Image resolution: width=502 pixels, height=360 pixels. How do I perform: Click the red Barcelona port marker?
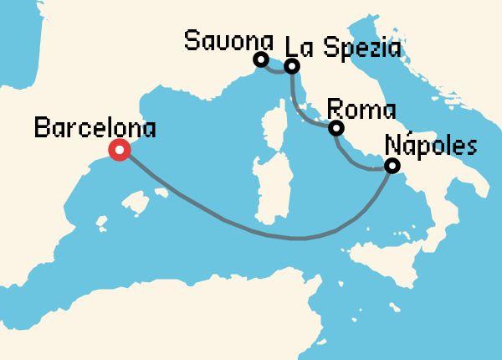120,151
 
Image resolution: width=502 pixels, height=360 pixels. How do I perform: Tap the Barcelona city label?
95,128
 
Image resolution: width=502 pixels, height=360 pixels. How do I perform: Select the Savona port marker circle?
261,59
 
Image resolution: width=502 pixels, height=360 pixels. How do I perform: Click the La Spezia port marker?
291,66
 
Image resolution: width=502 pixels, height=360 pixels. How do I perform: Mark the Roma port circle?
336,128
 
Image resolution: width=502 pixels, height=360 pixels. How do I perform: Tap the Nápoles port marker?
392,167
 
